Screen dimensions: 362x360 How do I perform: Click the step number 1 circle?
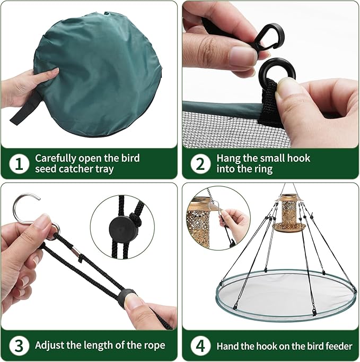tap(19, 163)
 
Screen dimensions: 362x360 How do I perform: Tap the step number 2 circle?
tap(200, 163)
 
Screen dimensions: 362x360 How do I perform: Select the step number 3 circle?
tap(19, 345)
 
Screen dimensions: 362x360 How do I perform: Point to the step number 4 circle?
tap(200, 345)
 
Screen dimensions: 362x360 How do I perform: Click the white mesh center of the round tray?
tap(286, 292)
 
